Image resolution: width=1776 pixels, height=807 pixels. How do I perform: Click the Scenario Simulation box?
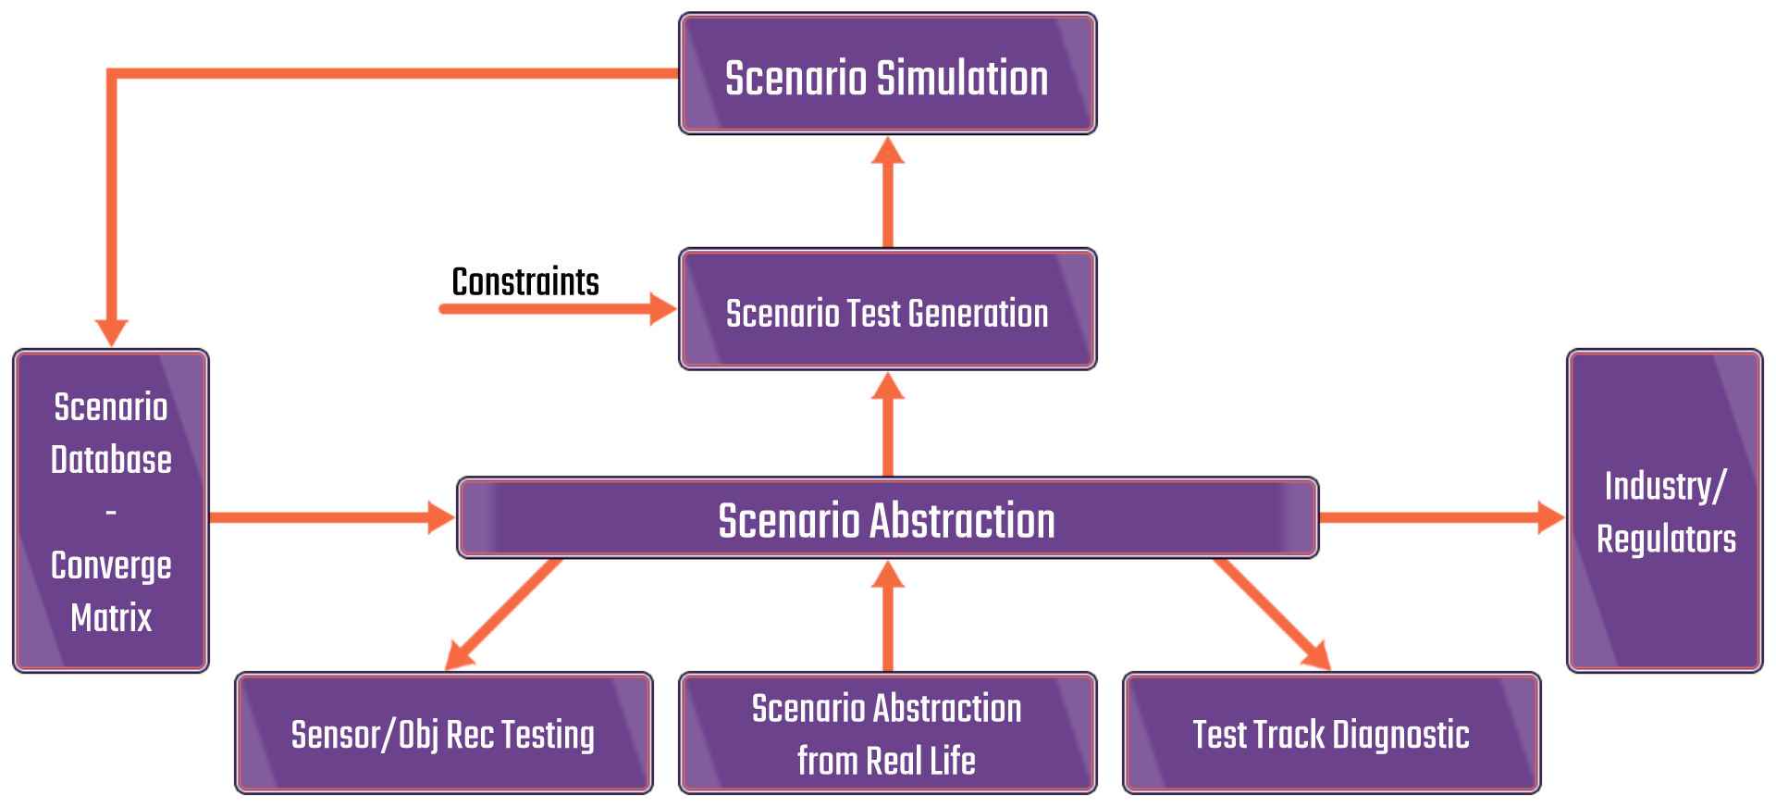coord(887,74)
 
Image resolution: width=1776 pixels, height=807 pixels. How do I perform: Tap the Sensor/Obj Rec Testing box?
coord(443,733)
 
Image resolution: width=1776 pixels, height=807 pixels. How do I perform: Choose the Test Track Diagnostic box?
coord(1331,733)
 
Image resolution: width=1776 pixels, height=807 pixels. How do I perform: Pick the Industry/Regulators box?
coord(1664,511)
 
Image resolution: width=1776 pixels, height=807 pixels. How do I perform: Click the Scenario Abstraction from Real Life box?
coord(887,733)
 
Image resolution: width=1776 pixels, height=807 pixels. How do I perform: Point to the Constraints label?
coord(525,282)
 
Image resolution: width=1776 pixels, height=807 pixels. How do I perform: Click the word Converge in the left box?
coord(111,565)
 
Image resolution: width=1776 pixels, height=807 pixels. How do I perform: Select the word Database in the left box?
coord(111,460)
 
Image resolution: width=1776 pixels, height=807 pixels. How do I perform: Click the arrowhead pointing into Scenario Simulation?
coord(888,152)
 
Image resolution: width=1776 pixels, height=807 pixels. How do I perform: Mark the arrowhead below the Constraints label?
coord(662,309)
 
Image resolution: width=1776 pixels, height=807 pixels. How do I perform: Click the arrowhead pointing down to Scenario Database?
coord(112,332)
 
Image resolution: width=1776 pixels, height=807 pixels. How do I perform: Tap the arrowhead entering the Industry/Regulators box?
coord(1550,517)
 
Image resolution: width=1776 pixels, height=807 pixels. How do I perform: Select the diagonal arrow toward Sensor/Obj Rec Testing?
coord(504,614)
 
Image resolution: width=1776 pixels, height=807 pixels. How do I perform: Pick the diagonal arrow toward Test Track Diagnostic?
coord(1272,614)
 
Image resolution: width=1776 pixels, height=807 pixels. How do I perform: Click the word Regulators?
coord(1666,539)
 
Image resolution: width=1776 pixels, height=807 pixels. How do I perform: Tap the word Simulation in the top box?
coord(962,78)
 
